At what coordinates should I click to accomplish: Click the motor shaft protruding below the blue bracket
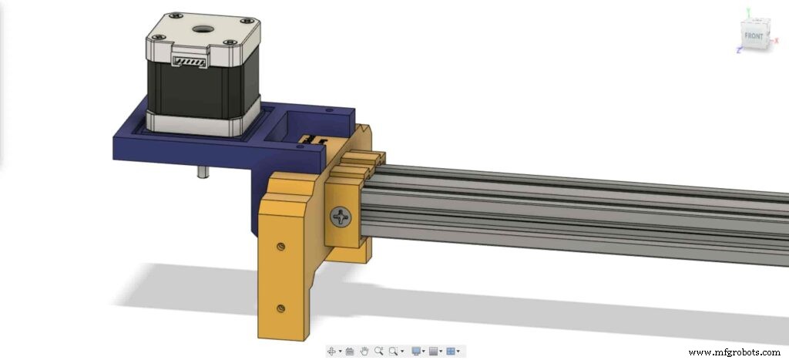click(x=202, y=172)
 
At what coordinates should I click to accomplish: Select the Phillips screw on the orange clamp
click(x=341, y=218)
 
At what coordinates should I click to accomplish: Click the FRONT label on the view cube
click(x=753, y=35)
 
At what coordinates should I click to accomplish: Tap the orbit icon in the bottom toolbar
click(x=333, y=351)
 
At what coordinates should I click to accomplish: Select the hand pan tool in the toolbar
click(x=364, y=351)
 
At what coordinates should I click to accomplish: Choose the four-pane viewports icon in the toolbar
click(x=452, y=351)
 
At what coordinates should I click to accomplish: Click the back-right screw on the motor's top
click(x=245, y=22)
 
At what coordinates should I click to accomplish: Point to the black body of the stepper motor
click(x=200, y=89)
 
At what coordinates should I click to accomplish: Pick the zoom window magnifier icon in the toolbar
click(x=394, y=351)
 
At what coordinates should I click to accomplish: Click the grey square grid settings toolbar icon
click(x=435, y=351)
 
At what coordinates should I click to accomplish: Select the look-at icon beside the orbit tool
click(x=349, y=351)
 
